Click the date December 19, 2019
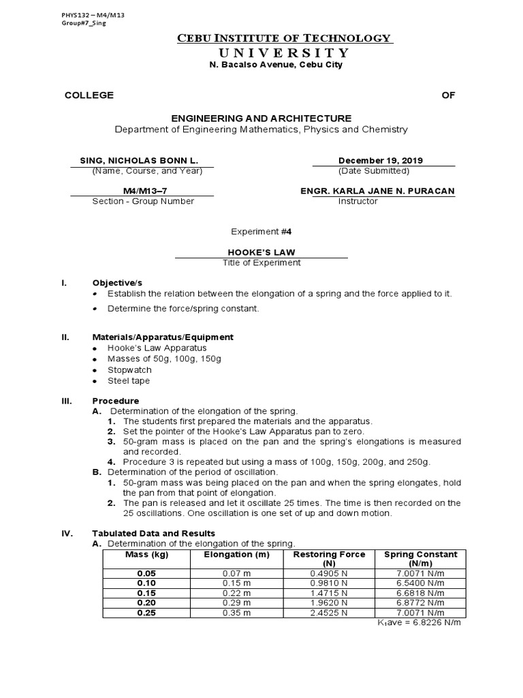(380, 160)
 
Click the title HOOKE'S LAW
(261, 252)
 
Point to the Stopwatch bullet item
(129, 369)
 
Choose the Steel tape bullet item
(129, 380)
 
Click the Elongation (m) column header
(237, 554)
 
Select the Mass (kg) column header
(146, 554)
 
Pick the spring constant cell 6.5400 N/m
(420, 582)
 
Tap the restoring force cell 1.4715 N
(329, 592)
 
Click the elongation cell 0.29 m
(237, 603)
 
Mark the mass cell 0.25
(146, 613)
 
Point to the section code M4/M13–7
(143, 191)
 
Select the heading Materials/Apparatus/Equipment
(163, 337)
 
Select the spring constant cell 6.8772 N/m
(420, 603)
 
